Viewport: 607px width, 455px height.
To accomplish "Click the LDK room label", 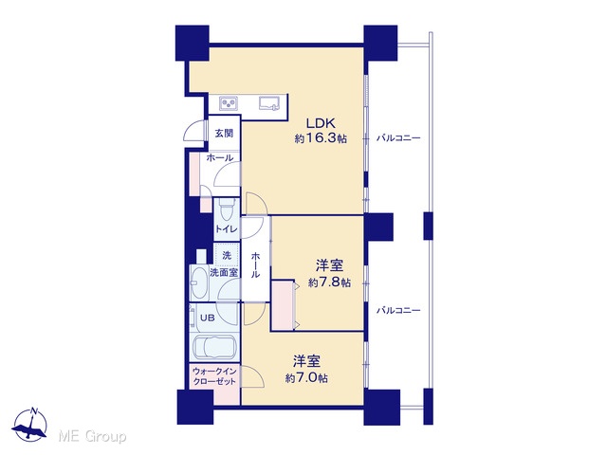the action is [x=321, y=123].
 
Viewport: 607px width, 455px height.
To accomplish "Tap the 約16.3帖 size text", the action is [x=321, y=138].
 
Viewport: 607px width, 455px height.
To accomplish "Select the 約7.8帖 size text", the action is [x=329, y=282].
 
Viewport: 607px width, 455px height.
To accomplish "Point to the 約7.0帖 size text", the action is [x=306, y=377].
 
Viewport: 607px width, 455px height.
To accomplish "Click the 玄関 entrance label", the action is [x=224, y=134].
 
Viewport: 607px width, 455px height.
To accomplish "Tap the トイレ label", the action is [x=226, y=229].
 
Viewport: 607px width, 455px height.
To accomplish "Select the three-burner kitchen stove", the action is [x=229, y=103].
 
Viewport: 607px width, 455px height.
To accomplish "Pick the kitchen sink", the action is [x=270, y=103].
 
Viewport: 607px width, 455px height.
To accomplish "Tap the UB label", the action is [x=207, y=318].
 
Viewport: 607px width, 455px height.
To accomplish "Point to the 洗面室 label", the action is [x=224, y=272].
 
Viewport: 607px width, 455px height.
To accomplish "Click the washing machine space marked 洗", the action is [x=227, y=255].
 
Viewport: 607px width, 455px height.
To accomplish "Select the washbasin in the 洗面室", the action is [x=199, y=282].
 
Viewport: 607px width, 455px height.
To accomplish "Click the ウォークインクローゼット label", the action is [x=214, y=376].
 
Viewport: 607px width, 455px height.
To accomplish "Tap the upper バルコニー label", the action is [x=398, y=137].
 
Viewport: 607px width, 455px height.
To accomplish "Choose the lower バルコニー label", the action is [x=398, y=310].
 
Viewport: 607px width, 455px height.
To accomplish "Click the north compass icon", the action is [x=29, y=425].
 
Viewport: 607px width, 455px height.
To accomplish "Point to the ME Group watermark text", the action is [x=92, y=437].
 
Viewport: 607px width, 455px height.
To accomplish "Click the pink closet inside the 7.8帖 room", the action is [x=283, y=305].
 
